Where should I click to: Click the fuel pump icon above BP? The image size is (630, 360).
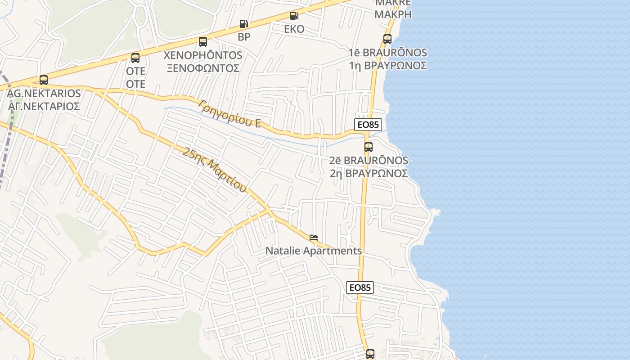point(243,23)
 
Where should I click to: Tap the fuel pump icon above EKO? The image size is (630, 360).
point(294,16)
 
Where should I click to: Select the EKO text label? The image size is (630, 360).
point(294,29)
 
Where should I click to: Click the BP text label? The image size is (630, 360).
point(244,37)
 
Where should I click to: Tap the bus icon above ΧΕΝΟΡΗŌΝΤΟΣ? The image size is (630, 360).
point(203,42)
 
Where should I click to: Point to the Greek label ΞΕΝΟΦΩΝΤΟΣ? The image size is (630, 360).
point(202,68)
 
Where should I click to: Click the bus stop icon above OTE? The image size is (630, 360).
point(135,58)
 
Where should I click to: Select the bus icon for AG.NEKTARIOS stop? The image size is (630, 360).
point(44,80)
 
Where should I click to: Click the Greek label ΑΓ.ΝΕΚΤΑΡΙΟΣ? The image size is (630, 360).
point(44,107)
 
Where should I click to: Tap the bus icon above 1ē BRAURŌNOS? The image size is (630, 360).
point(387,39)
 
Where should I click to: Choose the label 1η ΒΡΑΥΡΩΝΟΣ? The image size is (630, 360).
point(387,65)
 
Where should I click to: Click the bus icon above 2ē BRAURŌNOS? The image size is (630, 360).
point(369,147)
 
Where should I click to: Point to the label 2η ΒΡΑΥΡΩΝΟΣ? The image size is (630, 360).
point(369,173)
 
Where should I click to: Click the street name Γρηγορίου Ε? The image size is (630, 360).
point(229,113)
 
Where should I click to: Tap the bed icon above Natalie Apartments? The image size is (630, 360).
point(314,237)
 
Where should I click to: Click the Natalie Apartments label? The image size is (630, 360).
point(314,251)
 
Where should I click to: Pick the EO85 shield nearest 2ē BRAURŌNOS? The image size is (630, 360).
point(368,125)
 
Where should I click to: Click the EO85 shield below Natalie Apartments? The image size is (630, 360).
point(360,287)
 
